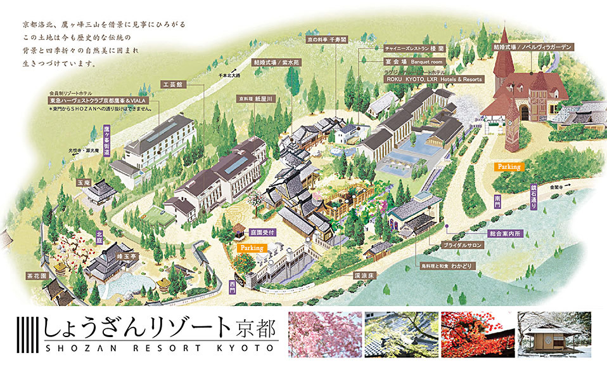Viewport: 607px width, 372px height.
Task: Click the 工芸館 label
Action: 172,84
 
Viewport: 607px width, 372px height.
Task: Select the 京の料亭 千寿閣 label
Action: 326,39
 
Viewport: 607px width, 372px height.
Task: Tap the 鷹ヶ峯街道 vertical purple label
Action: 106,140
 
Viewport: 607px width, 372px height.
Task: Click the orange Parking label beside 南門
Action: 508,166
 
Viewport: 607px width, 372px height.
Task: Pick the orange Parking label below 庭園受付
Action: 251,248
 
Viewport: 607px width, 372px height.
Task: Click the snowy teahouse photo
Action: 556,335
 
